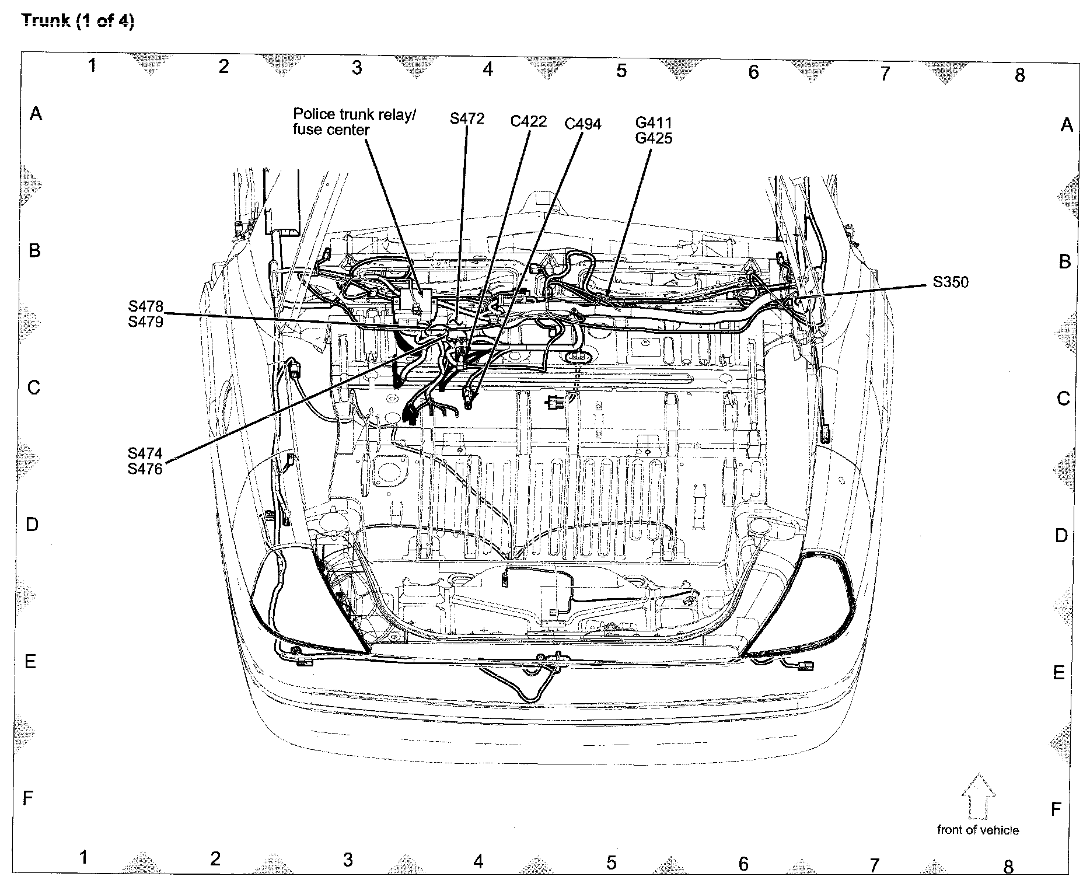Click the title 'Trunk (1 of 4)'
pos(78,22)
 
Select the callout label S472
pos(467,118)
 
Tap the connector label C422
pos(528,121)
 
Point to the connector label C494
pos(582,124)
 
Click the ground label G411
pos(654,123)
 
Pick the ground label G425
pos(654,138)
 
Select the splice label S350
pos(950,282)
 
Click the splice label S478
pos(146,306)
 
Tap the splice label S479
pos(146,322)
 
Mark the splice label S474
pos(145,453)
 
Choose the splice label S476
pos(145,469)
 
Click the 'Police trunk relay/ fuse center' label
pos(354,122)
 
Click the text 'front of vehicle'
pos(978,830)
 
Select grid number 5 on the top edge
pos(621,71)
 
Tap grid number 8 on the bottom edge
pos(1008,866)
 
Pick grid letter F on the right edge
pos(1056,809)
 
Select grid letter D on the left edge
pos(32,525)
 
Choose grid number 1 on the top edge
pos(92,65)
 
